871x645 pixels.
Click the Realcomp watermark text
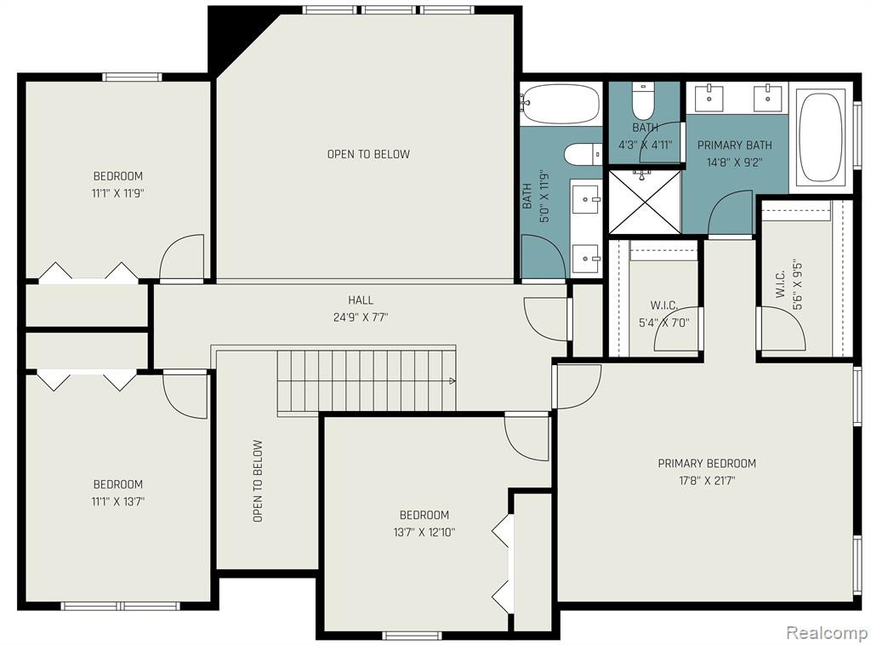click(x=827, y=632)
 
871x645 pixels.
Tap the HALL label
click(x=361, y=300)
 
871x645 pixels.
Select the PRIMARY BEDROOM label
click(x=707, y=464)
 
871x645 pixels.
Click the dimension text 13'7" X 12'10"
click(x=424, y=532)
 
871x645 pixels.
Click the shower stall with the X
click(x=645, y=202)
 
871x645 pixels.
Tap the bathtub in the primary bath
click(x=821, y=137)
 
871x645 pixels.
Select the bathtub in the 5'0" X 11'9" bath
click(x=561, y=104)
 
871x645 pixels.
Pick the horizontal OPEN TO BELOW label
click(x=368, y=154)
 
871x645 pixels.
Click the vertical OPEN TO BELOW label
click(x=257, y=481)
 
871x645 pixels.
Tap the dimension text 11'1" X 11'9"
click(x=118, y=194)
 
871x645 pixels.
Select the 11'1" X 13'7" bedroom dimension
click(x=118, y=502)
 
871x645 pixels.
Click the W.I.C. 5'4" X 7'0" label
click(x=663, y=314)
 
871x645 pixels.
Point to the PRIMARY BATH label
click(x=734, y=145)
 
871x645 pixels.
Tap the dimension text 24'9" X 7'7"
click(x=361, y=317)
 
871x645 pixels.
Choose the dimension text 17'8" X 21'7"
click(x=707, y=481)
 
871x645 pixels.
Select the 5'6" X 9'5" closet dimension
click(x=798, y=284)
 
